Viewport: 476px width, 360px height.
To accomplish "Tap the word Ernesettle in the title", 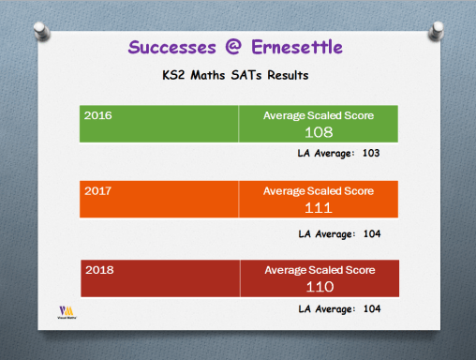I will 299,47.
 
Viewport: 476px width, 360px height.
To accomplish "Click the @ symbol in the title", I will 238,47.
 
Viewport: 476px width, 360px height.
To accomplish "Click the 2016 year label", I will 97,115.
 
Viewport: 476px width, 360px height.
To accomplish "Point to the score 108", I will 319,132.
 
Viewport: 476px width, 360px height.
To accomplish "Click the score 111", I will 319,207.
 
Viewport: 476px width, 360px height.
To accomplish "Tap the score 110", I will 320,286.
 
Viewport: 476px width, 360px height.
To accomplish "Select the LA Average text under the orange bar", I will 338,232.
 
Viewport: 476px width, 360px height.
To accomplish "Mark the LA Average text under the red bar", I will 338,307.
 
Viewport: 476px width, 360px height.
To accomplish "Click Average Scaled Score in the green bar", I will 319,115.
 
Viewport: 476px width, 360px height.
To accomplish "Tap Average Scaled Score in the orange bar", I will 319,190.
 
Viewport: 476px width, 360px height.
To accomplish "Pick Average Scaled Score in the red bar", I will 320,270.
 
